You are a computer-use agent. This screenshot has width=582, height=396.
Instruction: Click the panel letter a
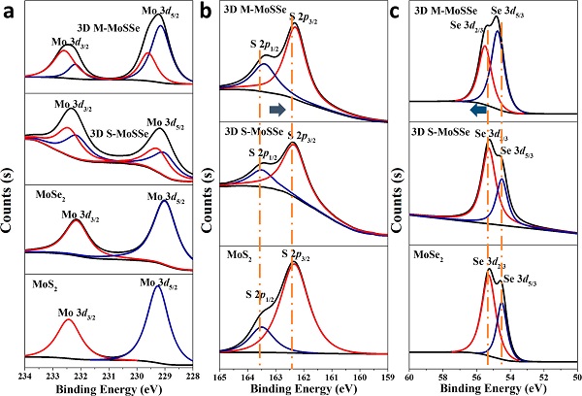pos(8,12)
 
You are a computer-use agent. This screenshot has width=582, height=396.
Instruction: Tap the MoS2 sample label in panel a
pos(48,286)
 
